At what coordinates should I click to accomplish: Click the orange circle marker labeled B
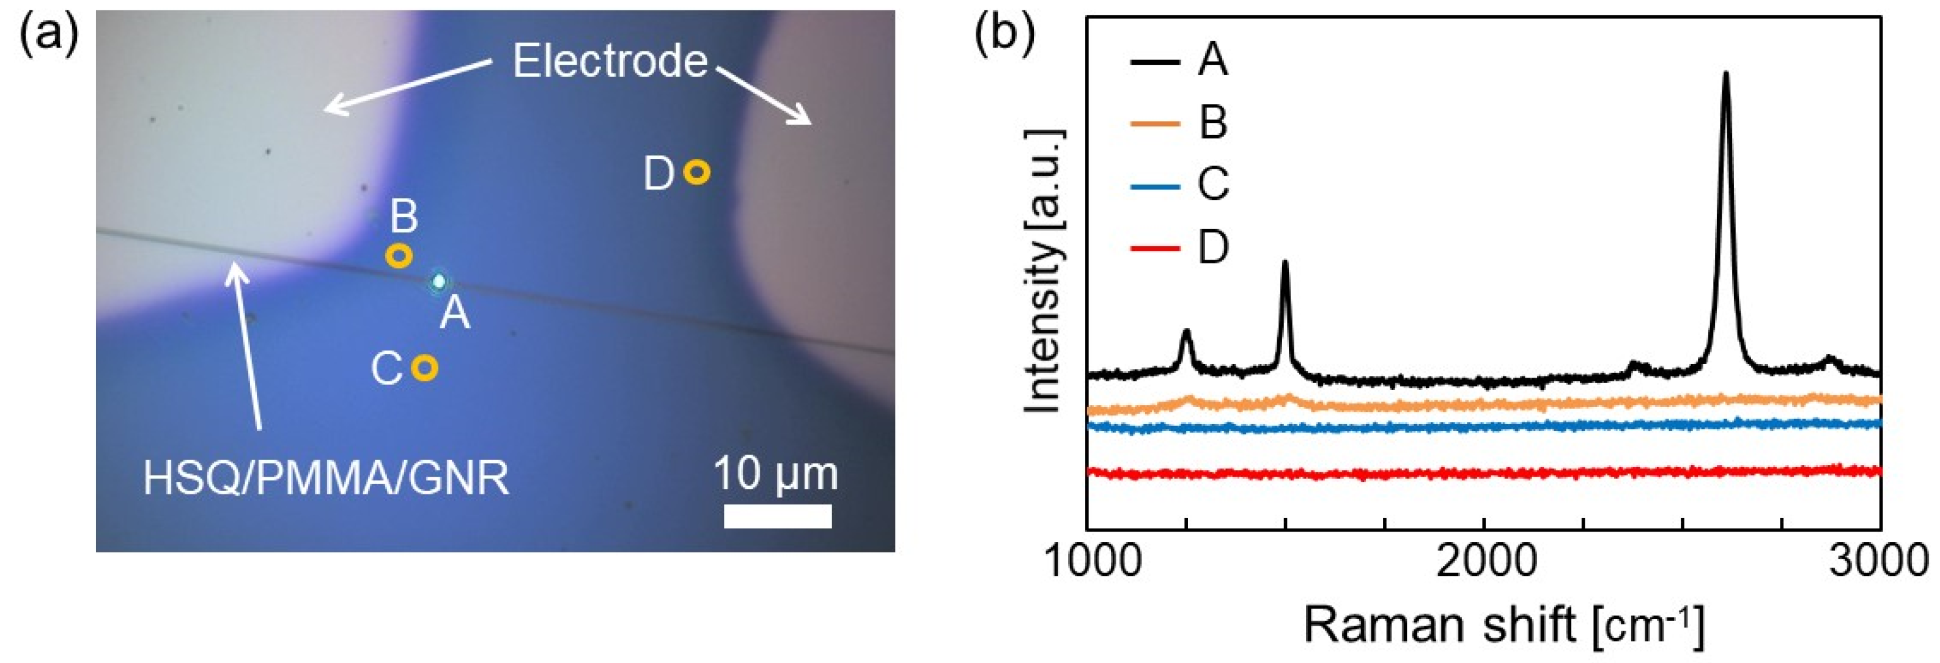point(399,256)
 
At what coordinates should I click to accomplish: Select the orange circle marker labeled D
point(696,172)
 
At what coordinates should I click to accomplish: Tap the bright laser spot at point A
point(438,282)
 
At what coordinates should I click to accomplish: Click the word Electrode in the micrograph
point(610,62)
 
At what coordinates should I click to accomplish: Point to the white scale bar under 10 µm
point(778,516)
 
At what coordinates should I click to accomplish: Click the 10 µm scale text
point(776,474)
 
